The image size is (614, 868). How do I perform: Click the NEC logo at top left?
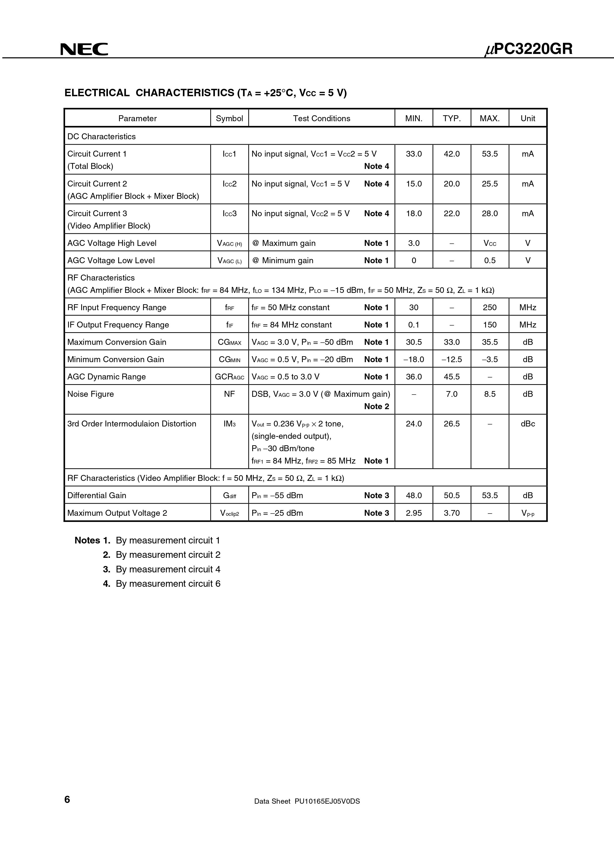click(84, 49)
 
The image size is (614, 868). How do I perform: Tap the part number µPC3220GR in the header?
click(529, 49)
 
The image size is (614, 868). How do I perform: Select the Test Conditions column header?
click(322, 118)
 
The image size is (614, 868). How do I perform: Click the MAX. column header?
click(489, 118)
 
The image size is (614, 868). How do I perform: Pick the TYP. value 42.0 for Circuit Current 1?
click(452, 154)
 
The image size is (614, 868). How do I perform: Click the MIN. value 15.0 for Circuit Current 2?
click(414, 184)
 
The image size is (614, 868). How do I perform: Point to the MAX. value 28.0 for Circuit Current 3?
click(489, 213)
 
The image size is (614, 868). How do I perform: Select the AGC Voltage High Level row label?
click(112, 243)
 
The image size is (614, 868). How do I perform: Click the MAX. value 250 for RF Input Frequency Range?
click(489, 307)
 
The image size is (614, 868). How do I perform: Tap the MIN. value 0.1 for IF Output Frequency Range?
click(414, 325)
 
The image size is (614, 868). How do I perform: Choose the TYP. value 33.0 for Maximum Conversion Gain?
click(452, 342)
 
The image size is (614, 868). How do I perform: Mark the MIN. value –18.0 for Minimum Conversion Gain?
click(414, 359)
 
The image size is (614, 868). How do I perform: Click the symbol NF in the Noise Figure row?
click(229, 394)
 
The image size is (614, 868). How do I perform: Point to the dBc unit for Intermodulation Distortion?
click(528, 424)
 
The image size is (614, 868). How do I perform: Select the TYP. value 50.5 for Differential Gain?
click(452, 495)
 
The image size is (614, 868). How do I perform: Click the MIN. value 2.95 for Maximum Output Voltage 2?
click(414, 513)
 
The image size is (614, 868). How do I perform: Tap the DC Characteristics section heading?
click(102, 137)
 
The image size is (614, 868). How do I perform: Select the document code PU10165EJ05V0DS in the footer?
click(327, 812)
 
